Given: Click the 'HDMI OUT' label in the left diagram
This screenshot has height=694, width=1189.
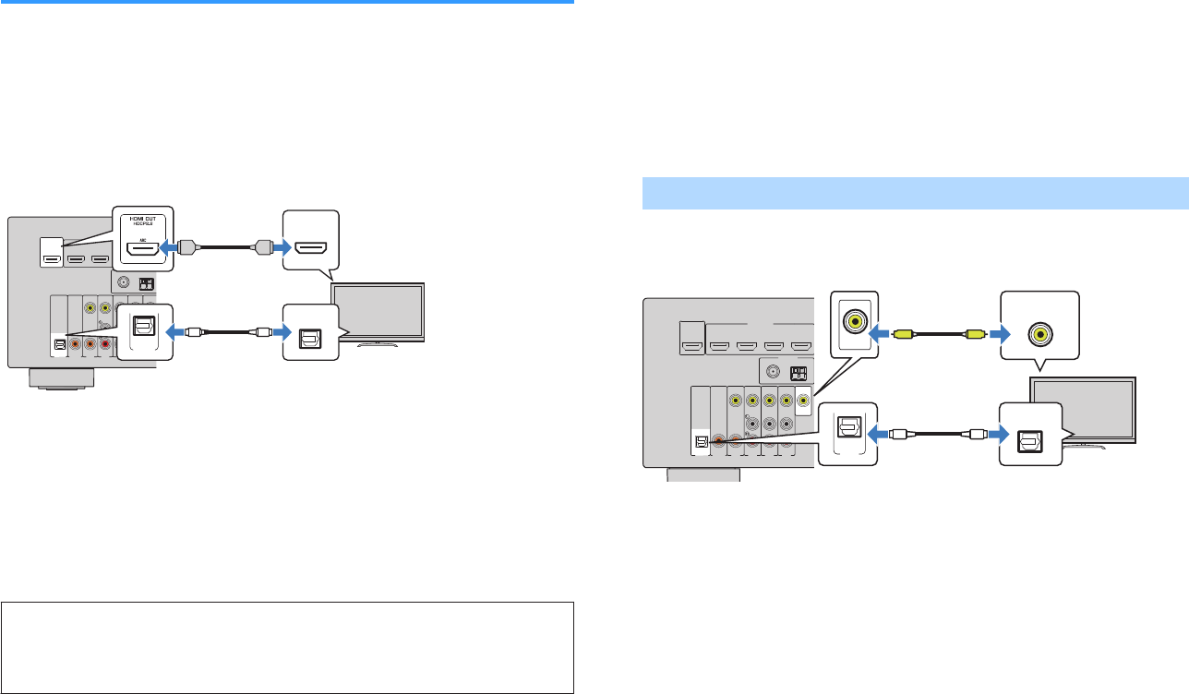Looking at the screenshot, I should pyautogui.click(x=142, y=215).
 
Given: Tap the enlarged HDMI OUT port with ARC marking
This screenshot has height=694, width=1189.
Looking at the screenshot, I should pyautogui.click(x=142, y=247).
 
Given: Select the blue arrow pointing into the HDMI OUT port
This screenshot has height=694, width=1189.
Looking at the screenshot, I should pyautogui.click(x=169, y=247).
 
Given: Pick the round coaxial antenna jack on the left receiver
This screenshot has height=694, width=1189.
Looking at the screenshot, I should pyautogui.click(x=122, y=282).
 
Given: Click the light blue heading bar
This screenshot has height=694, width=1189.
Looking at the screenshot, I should pyautogui.click(x=915, y=194).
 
